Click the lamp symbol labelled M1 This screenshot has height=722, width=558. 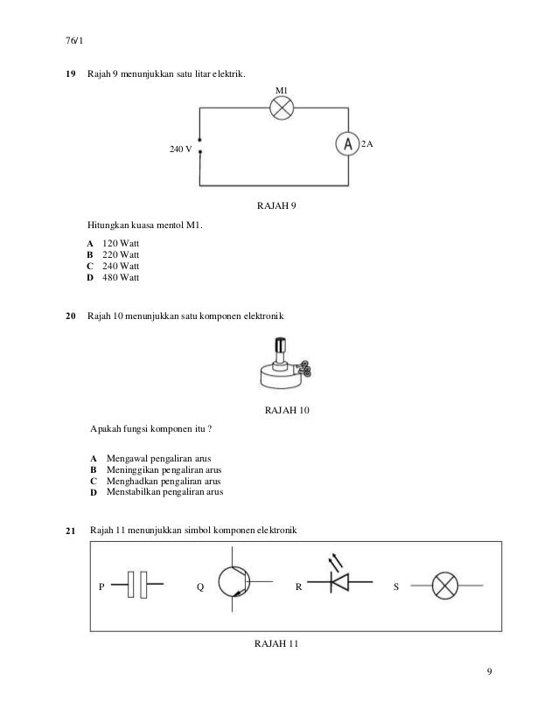click(x=281, y=108)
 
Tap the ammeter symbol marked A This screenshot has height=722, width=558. click(x=348, y=145)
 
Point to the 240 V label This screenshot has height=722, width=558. click(x=180, y=149)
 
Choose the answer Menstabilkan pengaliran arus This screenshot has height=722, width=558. click(x=164, y=492)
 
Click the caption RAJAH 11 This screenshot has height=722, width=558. click(x=276, y=645)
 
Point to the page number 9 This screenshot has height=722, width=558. click(x=491, y=672)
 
